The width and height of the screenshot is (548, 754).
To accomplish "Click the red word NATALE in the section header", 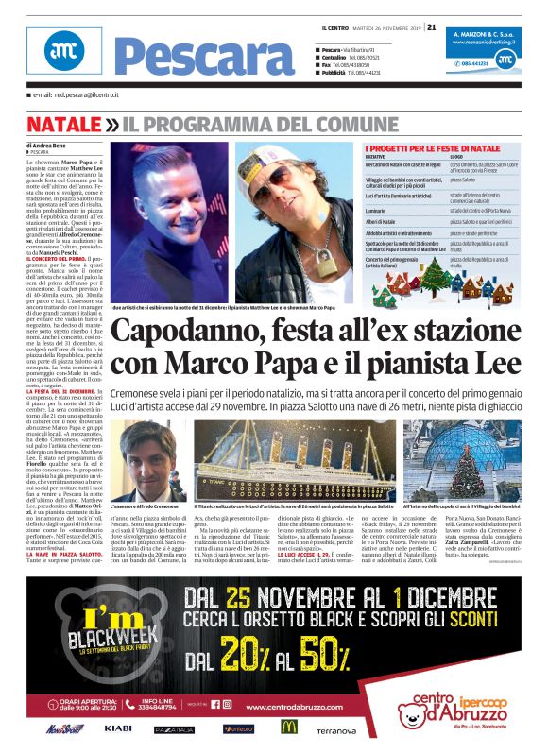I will (63, 124).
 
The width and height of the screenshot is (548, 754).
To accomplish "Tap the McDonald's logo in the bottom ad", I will (288, 727).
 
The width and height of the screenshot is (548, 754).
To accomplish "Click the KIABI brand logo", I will (118, 728).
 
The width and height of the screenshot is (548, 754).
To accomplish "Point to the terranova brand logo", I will (335, 730).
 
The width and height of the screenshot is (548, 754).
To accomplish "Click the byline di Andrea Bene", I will (48, 145).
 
